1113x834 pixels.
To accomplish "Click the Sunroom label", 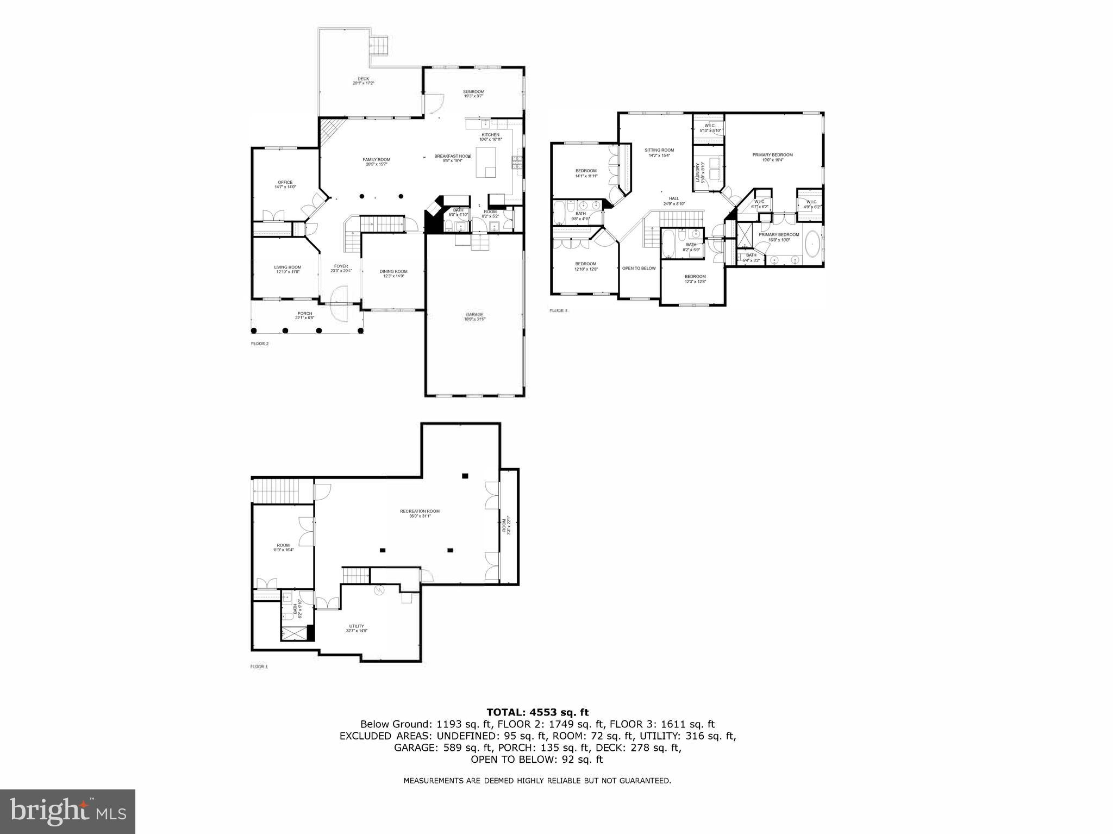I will coord(473,94).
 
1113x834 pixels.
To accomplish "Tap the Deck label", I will coord(363,81).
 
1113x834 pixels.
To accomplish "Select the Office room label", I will coord(285,184).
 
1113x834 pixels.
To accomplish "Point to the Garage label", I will coord(474,316).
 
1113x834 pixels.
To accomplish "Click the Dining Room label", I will coord(393,273).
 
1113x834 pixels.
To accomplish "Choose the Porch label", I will coord(304,315).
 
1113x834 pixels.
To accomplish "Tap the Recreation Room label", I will coord(420,513).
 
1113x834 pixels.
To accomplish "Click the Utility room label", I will coord(357,628).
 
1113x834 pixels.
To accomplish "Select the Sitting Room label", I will coord(659,152).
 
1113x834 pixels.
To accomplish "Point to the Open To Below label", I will coord(639,268).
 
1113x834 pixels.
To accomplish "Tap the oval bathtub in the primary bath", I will coord(812,245).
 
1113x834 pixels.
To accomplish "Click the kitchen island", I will coord(486,162).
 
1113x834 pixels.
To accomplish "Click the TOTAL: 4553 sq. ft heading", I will coord(537,712).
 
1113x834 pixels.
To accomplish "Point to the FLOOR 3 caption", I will coord(558,311).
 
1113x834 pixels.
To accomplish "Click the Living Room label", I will coord(287,269).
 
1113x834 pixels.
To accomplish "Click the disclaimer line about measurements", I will coord(537,781).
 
